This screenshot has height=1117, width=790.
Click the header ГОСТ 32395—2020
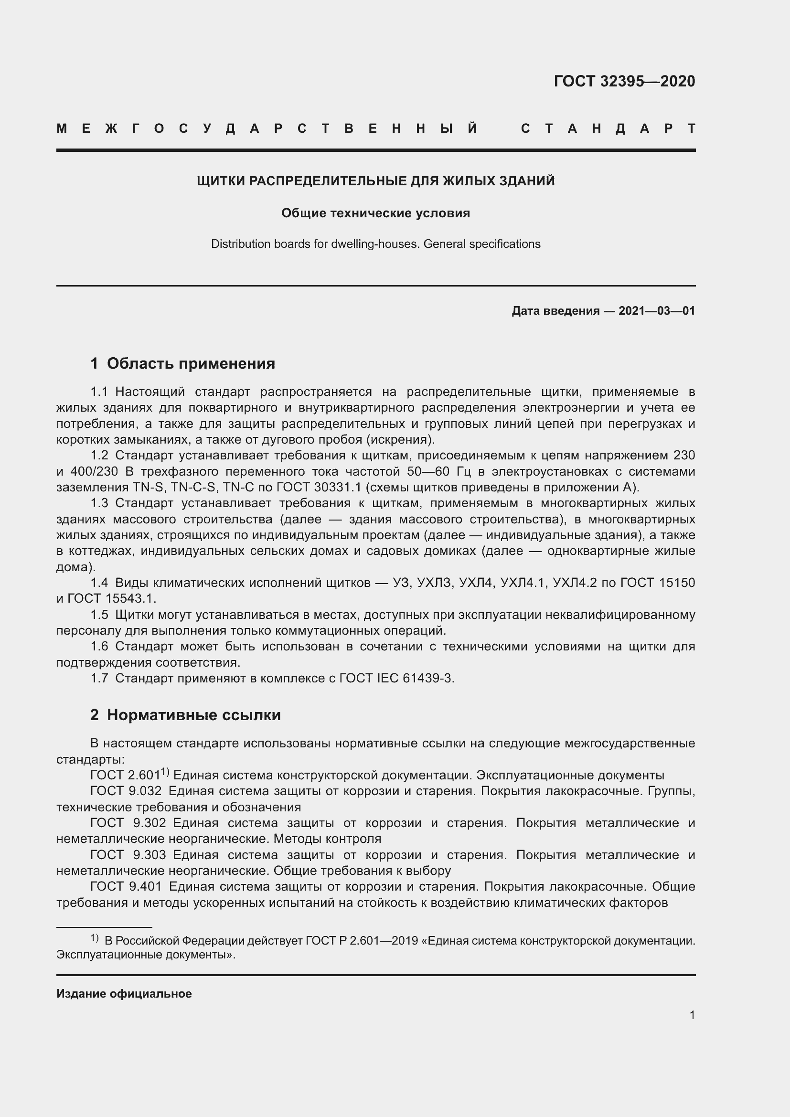[x=624, y=81]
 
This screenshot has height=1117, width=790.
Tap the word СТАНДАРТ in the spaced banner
[x=608, y=129]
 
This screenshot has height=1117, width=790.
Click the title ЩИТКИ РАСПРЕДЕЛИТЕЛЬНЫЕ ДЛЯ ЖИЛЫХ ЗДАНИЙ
[x=375, y=181]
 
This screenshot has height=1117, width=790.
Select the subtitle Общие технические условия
[x=375, y=213]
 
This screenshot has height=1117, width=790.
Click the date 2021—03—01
[x=657, y=311]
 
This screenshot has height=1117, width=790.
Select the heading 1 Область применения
[x=182, y=363]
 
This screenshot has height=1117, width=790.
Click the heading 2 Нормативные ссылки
[x=185, y=715]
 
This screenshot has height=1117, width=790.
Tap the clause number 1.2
[x=99, y=456]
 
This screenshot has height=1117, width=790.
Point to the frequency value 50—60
[x=428, y=471]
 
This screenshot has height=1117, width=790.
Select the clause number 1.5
[x=99, y=615]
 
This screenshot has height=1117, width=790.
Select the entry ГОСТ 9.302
[x=128, y=823]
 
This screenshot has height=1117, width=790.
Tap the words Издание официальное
[x=124, y=993]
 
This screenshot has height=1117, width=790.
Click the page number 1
[x=692, y=1015]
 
